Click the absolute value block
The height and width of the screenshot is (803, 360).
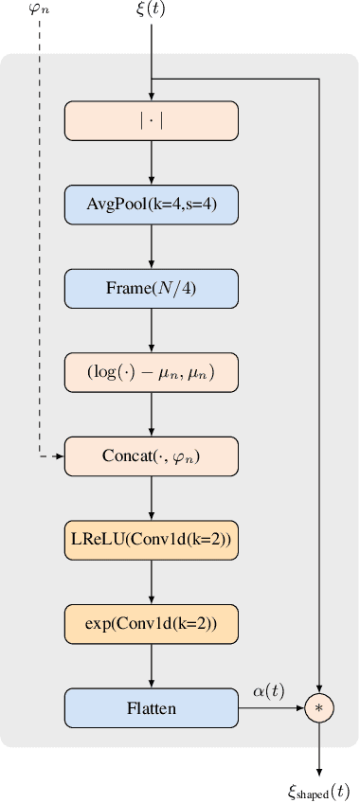pyautogui.click(x=151, y=120)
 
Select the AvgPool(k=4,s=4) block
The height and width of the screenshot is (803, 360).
pyautogui.click(x=151, y=203)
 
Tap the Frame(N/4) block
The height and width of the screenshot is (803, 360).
pyautogui.click(x=151, y=287)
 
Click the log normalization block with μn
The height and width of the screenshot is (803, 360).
pyautogui.click(x=151, y=371)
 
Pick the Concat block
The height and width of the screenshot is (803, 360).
pyautogui.click(x=151, y=455)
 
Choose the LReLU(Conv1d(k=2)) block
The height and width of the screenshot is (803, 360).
pyautogui.click(x=151, y=539)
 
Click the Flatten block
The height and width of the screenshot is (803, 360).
pyautogui.click(x=151, y=706)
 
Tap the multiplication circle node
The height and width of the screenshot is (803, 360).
pyautogui.click(x=319, y=707)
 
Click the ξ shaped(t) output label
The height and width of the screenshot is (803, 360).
pyautogui.click(x=319, y=790)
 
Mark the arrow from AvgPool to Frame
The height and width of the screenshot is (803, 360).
pyautogui.click(x=152, y=244)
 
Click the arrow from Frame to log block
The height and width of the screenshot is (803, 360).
pyautogui.click(x=152, y=329)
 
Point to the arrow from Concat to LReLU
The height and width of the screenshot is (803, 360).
pyautogui.click(x=152, y=497)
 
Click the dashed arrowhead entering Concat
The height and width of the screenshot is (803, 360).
pyautogui.click(x=59, y=456)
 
